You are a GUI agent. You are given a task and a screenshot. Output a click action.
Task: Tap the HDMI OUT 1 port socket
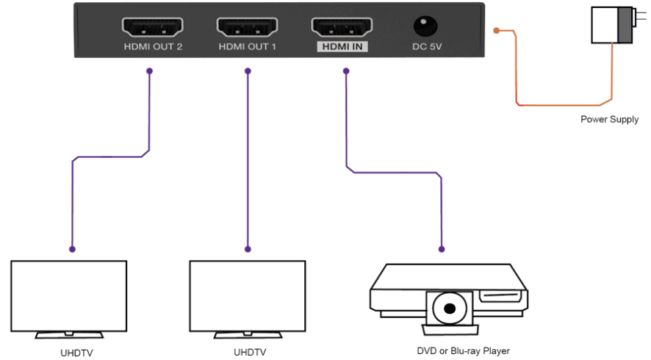coord(247,27)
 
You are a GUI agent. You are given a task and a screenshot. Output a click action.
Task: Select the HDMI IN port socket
coord(342,27)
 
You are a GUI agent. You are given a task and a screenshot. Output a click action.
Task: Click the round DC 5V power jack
coord(425,26)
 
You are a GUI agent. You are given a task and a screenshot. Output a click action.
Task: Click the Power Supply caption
coord(609,119)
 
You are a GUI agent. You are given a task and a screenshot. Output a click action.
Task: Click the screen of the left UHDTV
coord(69,294)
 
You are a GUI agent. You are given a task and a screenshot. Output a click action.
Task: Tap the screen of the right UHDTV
coord(247,294)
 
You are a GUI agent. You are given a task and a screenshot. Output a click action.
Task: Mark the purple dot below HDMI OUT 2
coord(150,71)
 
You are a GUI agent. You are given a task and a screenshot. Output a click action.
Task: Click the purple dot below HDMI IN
coord(345,71)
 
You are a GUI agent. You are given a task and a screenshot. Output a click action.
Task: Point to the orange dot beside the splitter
coord(497,31)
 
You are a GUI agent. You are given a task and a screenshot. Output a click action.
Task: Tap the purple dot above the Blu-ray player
coord(442,248)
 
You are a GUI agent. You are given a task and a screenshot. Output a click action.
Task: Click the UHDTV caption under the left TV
coord(76,353)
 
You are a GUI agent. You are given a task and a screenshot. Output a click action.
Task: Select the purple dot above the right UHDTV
coord(248,249)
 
